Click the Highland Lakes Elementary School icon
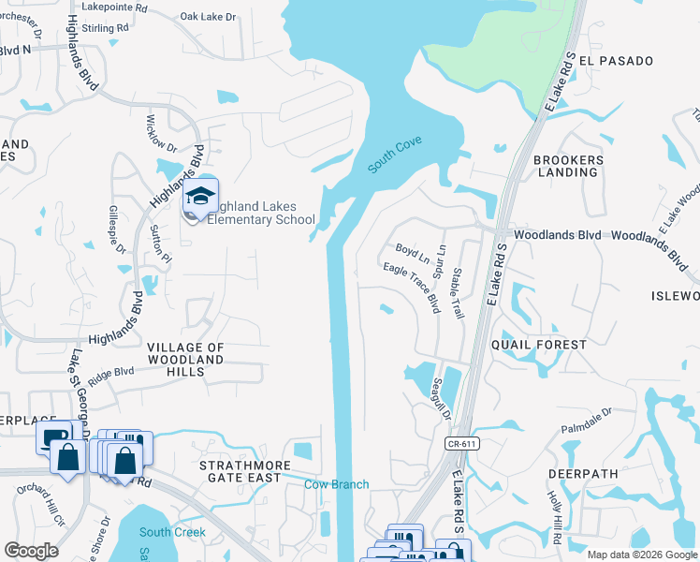click(x=200, y=197)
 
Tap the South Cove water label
click(x=394, y=155)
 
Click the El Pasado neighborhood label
click(x=616, y=61)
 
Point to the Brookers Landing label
click(x=568, y=166)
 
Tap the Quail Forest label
click(x=540, y=345)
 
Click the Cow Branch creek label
click(x=337, y=484)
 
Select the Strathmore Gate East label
click(x=240, y=471)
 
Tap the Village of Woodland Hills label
click(x=185, y=360)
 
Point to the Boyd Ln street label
click(x=412, y=253)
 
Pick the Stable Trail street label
click(x=458, y=293)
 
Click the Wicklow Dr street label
click(x=161, y=134)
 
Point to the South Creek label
click(x=172, y=532)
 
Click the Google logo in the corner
click(x=31, y=551)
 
